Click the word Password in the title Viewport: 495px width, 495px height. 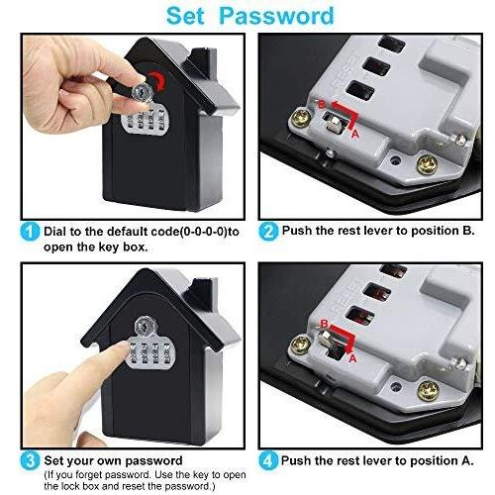281,16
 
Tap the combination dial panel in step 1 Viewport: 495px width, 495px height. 145,129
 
